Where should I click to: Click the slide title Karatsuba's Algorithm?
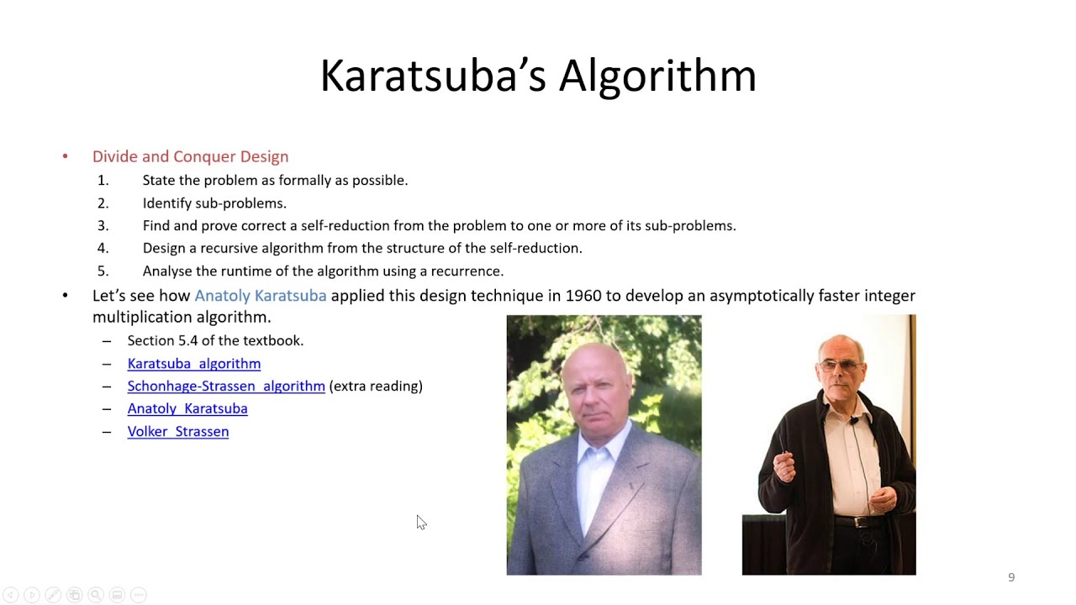(538, 76)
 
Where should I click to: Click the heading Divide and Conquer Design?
(190, 156)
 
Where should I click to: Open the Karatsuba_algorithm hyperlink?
(194, 363)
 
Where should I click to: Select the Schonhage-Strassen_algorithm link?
(226, 386)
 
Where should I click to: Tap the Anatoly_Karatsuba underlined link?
(187, 408)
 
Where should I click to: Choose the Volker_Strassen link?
(178, 431)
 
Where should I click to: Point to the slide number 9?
(1011, 577)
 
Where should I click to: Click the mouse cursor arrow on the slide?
(420, 522)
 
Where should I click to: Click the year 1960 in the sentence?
(583, 296)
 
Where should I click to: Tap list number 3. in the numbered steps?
(103, 225)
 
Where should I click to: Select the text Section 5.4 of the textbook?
(215, 340)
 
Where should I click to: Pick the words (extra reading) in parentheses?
(376, 386)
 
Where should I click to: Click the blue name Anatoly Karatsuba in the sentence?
(261, 296)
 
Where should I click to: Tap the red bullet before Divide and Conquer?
(65, 156)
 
